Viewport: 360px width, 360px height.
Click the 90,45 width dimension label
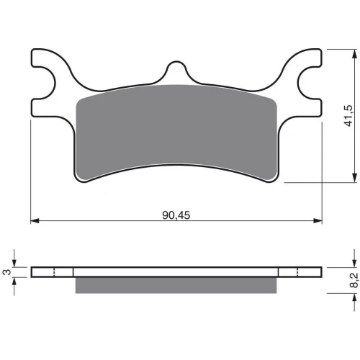pyautogui.click(x=176, y=215)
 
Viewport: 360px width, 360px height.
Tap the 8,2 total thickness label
pyautogui.click(x=354, y=280)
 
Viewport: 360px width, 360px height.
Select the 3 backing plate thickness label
pyautogui.click(x=7, y=272)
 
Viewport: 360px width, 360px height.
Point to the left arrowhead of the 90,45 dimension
pyautogui.click(x=35, y=220)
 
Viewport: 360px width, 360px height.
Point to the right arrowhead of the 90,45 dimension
pyautogui.click(x=318, y=220)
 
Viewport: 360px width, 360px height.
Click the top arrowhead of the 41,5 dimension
pyautogui.click(x=354, y=53)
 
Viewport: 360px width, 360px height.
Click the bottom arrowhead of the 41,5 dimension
pyautogui.click(x=354, y=178)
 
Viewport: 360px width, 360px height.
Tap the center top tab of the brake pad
pyautogui.click(x=176, y=70)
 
